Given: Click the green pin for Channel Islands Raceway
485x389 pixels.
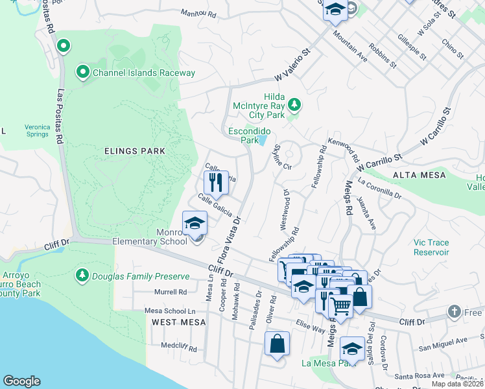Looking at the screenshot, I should pyautogui.click(x=83, y=72).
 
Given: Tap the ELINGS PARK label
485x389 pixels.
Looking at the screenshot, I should pyautogui.click(x=135, y=151).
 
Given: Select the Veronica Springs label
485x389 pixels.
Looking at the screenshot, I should pyautogui.click(x=37, y=130).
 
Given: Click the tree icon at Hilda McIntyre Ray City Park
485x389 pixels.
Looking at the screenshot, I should pyautogui.click(x=294, y=104).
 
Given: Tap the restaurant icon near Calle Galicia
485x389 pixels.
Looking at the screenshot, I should pyautogui.click(x=217, y=182).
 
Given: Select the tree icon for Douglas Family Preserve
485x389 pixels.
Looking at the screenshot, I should pyautogui.click(x=82, y=275).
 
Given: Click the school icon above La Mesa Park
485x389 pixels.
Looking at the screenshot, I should pyautogui.click(x=352, y=348).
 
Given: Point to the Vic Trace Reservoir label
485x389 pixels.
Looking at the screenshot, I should pyautogui.click(x=431, y=247).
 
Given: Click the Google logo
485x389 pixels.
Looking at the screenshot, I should pyautogui.click(x=21, y=381).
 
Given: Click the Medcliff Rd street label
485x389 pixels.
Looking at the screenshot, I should pyautogui.click(x=178, y=348).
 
